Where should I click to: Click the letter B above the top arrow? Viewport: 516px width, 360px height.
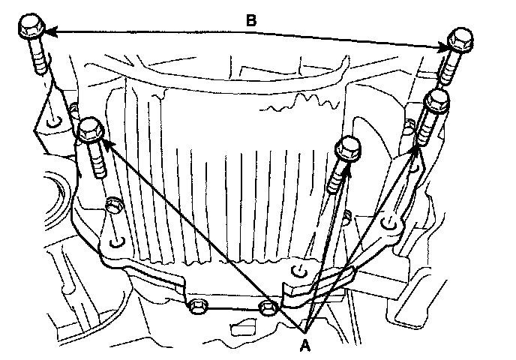coord(252,21)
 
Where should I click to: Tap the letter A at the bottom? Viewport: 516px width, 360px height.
coord(304,346)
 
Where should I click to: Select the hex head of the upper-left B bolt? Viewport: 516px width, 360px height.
coord(31,29)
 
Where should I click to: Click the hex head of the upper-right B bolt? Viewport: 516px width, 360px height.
coord(457,40)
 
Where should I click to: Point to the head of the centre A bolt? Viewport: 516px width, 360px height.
coord(348,150)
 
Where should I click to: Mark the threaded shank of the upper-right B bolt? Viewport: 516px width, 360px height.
coord(448,67)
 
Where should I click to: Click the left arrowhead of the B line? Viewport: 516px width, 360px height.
coord(51,31)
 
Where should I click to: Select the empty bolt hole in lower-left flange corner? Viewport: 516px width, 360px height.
coord(115,244)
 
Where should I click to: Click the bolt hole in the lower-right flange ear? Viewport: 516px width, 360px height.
coord(388,222)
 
